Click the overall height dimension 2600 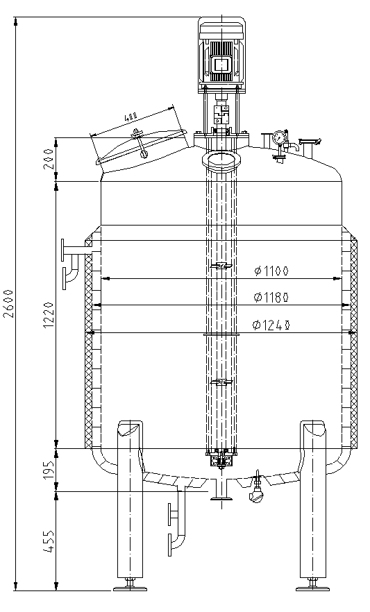(x=8, y=304)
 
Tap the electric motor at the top (x=221, y=56)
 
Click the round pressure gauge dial (x=279, y=137)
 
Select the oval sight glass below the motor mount (x=222, y=161)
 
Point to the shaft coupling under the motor (x=221, y=112)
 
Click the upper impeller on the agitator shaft (x=221, y=266)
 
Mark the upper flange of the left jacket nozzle (x=63, y=248)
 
